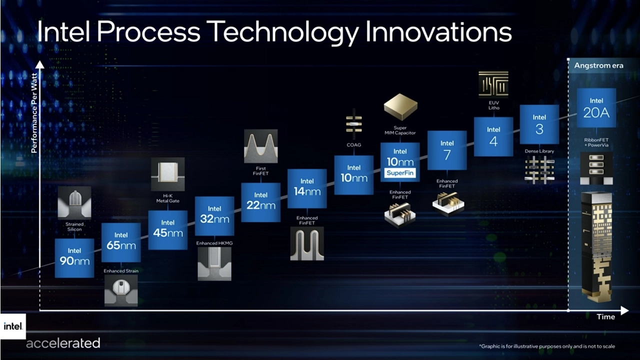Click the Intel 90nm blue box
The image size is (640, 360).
point(74,258)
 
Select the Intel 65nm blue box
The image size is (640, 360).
point(121,242)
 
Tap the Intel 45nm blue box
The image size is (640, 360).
point(167,230)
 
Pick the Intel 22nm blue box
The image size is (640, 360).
point(261,202)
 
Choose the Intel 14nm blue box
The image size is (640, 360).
point(307,188)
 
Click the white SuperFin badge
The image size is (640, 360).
point(400,173)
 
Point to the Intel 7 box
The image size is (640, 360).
point(447,150)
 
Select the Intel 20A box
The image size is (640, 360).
point(596,107)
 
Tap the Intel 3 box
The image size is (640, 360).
point(539,124)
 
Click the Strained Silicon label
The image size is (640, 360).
point(74,226)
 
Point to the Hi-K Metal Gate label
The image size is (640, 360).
point(167,198)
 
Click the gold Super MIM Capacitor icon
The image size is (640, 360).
point(400,107)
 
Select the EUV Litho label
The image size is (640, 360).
point(494,105)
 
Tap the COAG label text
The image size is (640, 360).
point(354,145)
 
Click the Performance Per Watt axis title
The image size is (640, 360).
point(34,113)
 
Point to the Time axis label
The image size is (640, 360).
point(605,317)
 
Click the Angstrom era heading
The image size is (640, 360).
point(599,65)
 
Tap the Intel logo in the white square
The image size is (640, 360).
point(13,326)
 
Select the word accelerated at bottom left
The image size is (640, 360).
point(63,343)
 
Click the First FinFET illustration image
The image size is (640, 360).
point(261,146)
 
